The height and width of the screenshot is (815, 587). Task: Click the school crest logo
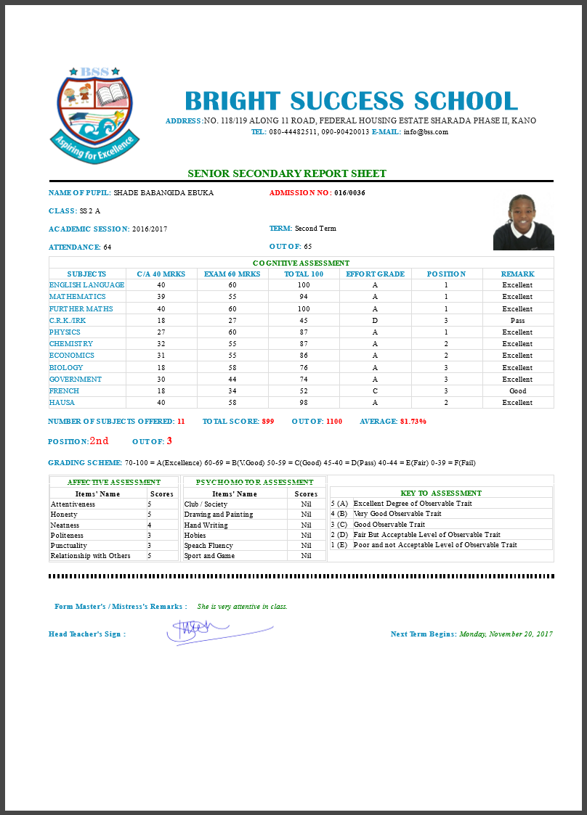tap(94, 113)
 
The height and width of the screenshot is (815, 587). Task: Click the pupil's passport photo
tap(523, 222)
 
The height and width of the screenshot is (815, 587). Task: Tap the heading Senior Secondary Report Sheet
tap(287, 173)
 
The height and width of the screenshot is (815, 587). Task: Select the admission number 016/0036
tap(349, 193)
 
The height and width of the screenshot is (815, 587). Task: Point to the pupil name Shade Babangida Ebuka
tap(163, 193)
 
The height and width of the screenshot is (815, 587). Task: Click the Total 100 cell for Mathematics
tap(304, 297)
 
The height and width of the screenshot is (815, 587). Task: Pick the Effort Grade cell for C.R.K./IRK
tap(375, 320)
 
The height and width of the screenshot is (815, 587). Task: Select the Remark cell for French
tap(517, 390)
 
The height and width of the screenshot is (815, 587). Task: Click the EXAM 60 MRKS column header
tap(232, 274)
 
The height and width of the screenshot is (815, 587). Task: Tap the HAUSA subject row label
tap(62, 402)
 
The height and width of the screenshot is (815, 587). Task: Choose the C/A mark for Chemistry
tap(161, 343)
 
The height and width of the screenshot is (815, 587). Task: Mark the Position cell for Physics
tap(446, 332)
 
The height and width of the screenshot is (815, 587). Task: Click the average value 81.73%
tap(413, 421)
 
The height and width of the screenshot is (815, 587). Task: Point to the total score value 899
tap(267, 421)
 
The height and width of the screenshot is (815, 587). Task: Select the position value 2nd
tap(99, 441)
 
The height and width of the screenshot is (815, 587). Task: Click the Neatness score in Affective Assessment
tap(150, 525)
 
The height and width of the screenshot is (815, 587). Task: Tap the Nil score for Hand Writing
tap(306, 525)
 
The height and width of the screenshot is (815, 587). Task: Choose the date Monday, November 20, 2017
tap(506, 634)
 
